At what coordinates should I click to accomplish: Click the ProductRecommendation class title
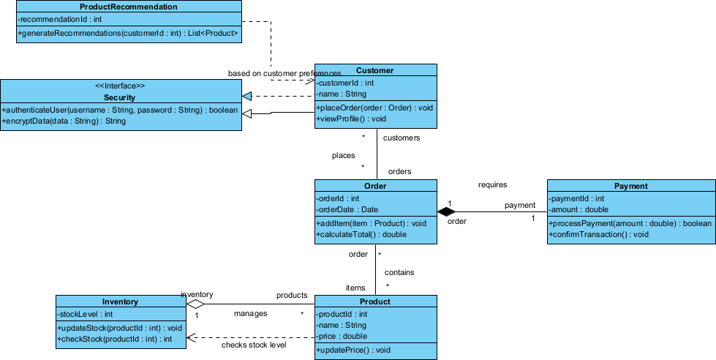[128, 7]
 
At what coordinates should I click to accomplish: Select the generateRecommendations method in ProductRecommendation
[128, 33]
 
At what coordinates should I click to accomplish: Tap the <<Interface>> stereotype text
[121, 86]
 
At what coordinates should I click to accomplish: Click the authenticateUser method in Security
[120, 110]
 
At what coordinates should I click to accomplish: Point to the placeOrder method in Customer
[374, 108]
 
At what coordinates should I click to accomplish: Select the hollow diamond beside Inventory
[195, 303]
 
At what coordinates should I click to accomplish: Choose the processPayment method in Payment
[630, 223]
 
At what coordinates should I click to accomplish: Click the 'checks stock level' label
[254, 345]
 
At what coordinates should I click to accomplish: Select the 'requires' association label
[492, 185]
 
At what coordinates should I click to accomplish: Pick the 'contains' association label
[399, 272]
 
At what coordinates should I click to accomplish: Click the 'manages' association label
[250, 313]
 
